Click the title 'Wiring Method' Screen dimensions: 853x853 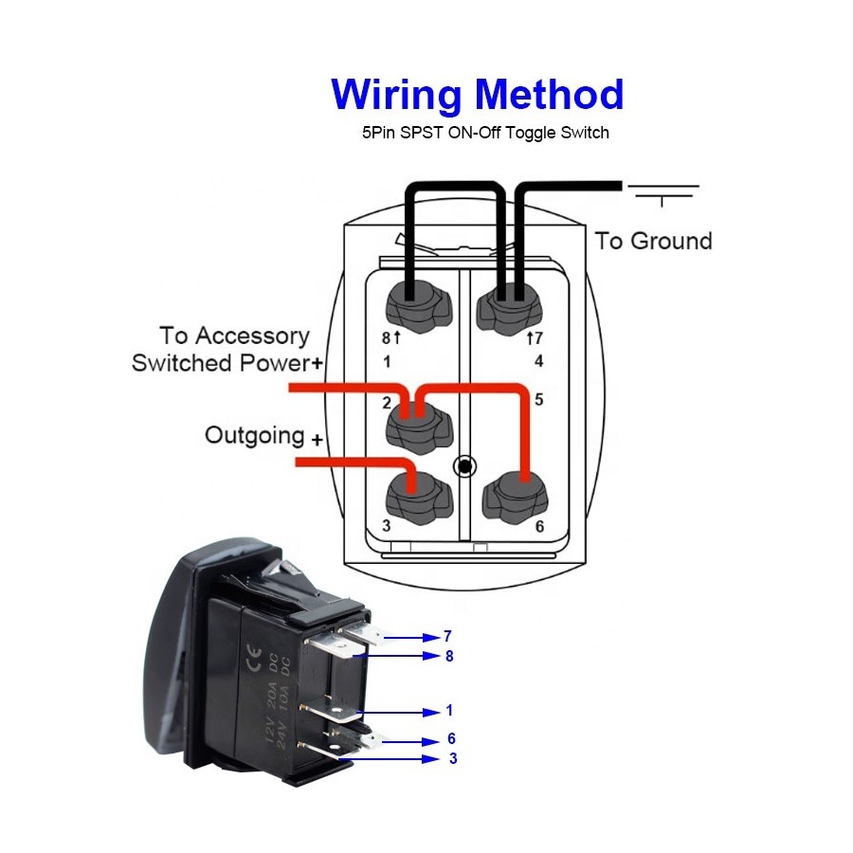pyautogui.click(x=477, y=96)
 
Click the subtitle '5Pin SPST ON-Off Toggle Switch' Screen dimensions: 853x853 pyautogui.click(x=486, y=133)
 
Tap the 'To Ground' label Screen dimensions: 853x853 pyautogui.click(x=653, y=241)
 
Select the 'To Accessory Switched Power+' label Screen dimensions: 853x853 pyautogui.click(x=227, y=349)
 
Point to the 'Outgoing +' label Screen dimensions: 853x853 pyautogui.click(x=263, y=436)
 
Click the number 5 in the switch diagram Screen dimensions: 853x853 pyautogui.click(x=538, y=400)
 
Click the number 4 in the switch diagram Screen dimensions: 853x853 pyautogui.click(x=538, y=361)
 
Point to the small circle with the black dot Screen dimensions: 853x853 pyautogui.click(x=465, y=466)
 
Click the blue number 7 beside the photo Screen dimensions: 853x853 pyautogui.click(x=447, y=636)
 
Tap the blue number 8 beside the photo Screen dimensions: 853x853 pyautogui.click(x=449, y=656)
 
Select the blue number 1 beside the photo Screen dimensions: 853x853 pyautogui.click(x=449, y=711)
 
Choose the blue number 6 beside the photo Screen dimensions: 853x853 pyautogui.click(x=451, y=738)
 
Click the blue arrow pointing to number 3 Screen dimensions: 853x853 pyautogui.click(x=388, y=759)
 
